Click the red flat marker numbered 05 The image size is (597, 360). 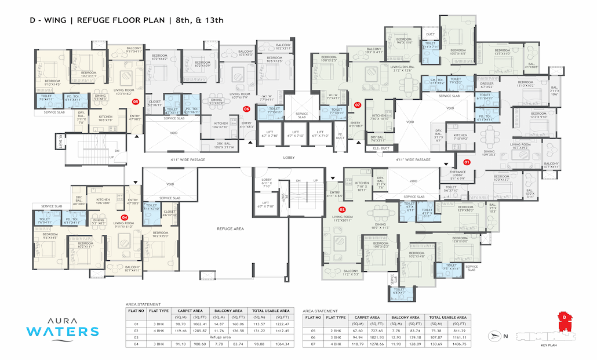click(x=136, y=101)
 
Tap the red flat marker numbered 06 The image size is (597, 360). click(x=246, y=108)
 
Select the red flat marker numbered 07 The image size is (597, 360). click(x=357, y=105)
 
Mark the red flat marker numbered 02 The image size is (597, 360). click(x=342, y=209)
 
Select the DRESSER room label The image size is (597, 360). click(x=487, y=85)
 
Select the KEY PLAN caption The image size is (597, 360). click(x=548, y=344)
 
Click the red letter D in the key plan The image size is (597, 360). click(x=562, y=317)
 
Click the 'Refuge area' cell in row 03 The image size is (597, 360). click(x=220, y=336)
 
